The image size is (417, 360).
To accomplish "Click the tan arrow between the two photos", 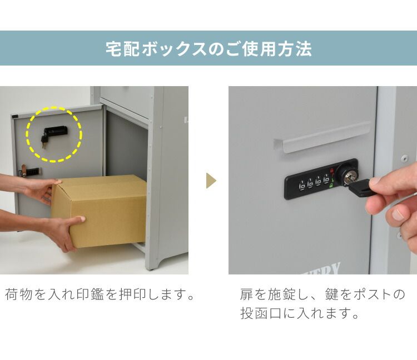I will click(x=210, y=181).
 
